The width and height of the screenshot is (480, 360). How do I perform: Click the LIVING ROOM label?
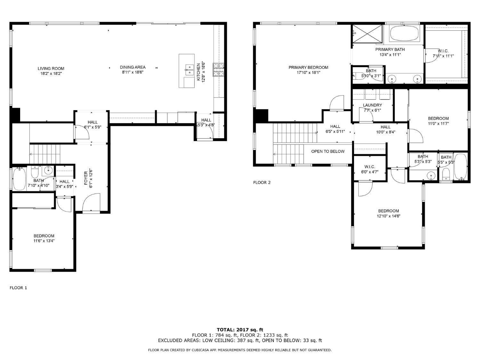coord(51,68)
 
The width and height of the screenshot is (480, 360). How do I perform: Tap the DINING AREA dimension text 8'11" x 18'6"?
coord(132,72)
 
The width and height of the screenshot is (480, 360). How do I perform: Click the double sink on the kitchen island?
coord(189,70)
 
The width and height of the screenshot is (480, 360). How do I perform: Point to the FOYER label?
coord(86,178)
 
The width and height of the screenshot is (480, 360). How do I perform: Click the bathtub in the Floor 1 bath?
coord(20,179)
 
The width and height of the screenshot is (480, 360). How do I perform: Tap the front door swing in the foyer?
coord(91,203)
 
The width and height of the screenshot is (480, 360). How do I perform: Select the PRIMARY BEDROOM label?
coord(308,68)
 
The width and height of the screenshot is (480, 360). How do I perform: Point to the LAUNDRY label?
coord(372,105)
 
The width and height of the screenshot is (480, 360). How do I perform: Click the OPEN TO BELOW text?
coord(328,151)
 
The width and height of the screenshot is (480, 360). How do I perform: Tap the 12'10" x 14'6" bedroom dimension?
coord(388,216)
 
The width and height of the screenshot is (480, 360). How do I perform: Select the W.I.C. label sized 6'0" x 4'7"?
coord(370,167)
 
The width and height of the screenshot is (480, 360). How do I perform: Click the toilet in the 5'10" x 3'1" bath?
coord(359,76)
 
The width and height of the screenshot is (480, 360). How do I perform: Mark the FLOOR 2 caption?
coord(262,182)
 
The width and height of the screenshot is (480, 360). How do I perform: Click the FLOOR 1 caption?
coord(18,288)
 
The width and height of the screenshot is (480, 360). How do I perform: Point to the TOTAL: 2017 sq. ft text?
coord(240,330)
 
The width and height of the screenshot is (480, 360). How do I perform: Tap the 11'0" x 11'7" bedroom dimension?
coord(438,124)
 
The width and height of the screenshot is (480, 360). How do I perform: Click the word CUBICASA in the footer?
coord(199,350)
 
